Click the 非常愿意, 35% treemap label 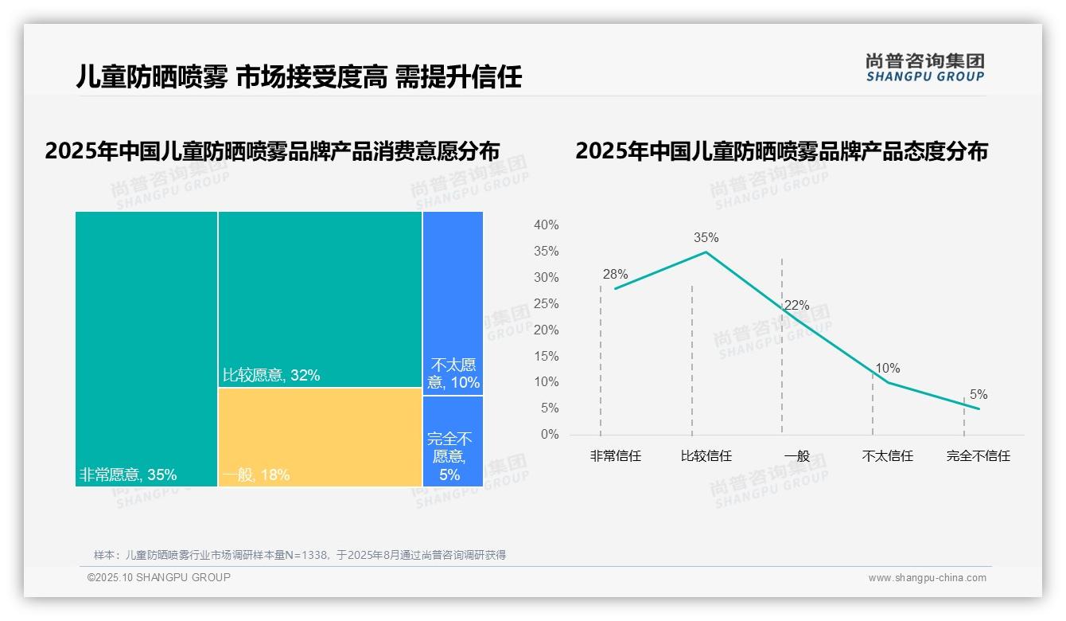coord(128,475)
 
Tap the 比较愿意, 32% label coord(271,375)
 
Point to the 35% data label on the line coord(706,237)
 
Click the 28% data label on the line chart coord(615,275)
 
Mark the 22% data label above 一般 coord(796,305)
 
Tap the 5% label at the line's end coord(978,395)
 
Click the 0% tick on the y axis coord(550,435)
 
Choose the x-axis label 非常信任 coord(615,456)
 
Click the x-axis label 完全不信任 coord(978,456)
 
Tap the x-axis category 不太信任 coord(887,456)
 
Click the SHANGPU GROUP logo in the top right coord(924,68)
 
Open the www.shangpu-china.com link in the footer coord(927,578)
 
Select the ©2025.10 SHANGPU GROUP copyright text coord(159,577)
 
